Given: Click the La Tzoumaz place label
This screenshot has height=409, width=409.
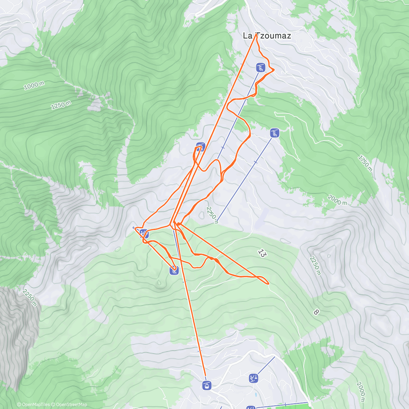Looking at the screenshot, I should coord(267,35).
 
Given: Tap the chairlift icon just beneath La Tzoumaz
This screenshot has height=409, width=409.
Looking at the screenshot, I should coord(261,67).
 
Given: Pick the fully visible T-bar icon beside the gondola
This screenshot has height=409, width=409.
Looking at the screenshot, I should coord(253,378).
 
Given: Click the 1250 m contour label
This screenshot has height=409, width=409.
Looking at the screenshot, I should coord(61,105).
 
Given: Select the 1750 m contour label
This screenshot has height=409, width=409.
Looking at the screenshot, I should coord(365,163).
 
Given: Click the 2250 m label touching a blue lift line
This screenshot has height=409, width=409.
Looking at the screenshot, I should coord(212,214).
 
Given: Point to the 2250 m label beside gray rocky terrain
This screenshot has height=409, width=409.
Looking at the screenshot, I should coord(30,298).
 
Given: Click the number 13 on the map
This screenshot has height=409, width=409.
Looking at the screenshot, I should coord(261,253).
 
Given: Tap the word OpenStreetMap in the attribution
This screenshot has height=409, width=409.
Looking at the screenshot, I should coord(72,405).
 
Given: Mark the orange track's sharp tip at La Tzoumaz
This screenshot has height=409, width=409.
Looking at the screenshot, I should coord(256,34).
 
